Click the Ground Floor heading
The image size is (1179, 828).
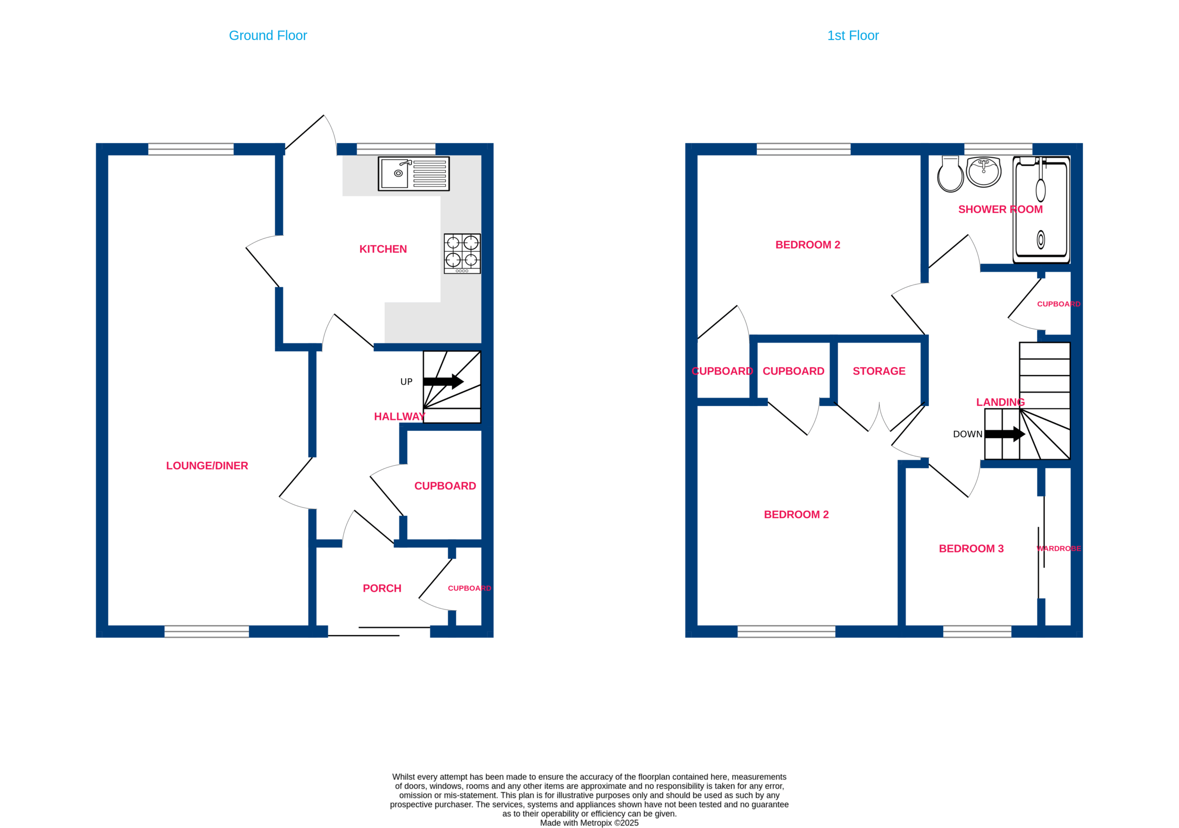coord(268,35)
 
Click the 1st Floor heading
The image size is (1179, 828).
coord(853,35)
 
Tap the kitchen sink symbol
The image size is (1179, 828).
coord(414,174)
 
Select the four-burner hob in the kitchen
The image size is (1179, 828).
coord(462,254)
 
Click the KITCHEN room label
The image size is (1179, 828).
coord(383,249)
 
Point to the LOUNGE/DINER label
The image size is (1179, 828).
coord(207,466)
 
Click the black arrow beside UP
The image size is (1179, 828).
coord(443,381)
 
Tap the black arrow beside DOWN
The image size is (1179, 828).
coord(1005,434)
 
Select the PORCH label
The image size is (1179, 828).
coord(382,588)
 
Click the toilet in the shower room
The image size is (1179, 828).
coord(951,174)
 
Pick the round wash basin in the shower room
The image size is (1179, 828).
coord(984,172)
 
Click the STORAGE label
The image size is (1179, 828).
coord(879,371)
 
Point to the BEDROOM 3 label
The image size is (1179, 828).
coord(971,549)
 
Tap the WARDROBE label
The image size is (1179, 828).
coord(1059,549)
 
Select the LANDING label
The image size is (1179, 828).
coord(1000,402)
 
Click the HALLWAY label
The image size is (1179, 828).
coord(399,417)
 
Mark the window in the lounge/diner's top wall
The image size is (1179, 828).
coord(191,149)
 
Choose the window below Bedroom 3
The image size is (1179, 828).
coord(977,632)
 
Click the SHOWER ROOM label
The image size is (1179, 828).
coord(1000,210)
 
